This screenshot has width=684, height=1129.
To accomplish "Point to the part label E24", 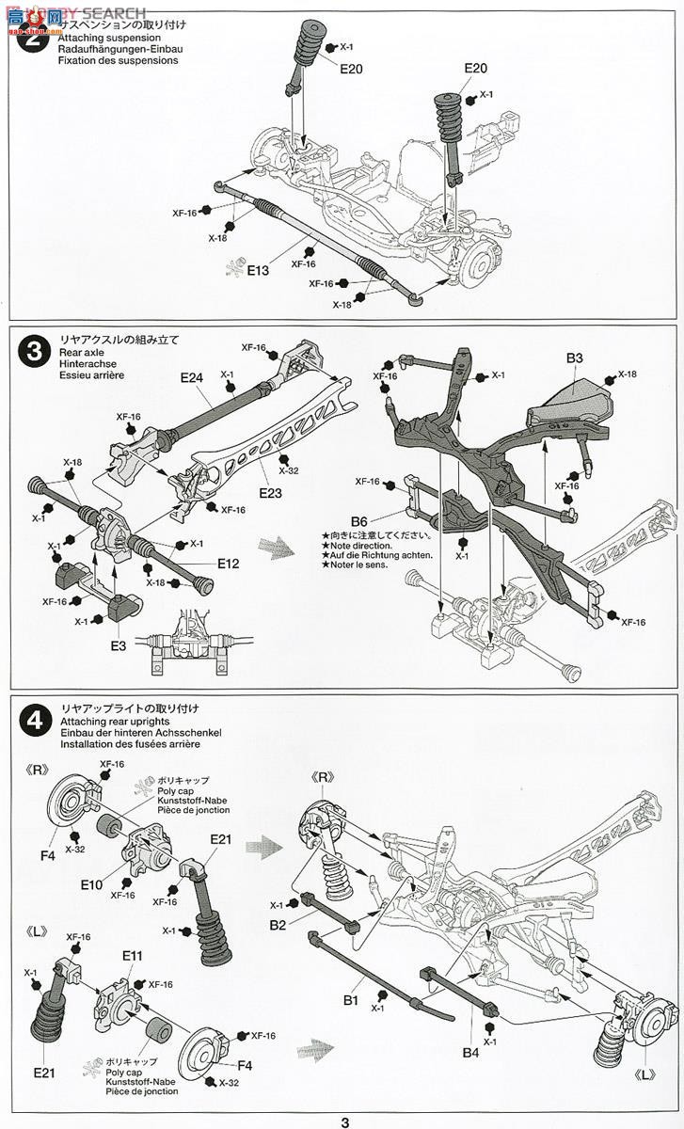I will pyautogui.click(x=192, y=377).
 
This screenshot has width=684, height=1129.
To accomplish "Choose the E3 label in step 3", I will pyautogui.click(x=118, y=645).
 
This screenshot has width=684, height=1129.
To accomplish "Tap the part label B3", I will pyautogui.click(x=575, y=358).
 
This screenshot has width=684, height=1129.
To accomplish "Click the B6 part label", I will pyautogui.click(x=358, y=520).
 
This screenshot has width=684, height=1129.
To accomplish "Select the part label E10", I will pyautogui.click(x=91, y=883).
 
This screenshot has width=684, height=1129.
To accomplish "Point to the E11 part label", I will pyautogui.click(x=132, y=955).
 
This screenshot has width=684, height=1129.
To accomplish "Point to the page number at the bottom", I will pyautogui.click(x=345, y=1121).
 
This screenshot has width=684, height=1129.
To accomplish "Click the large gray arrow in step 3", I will pyautogui.click(x=278, y=542).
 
